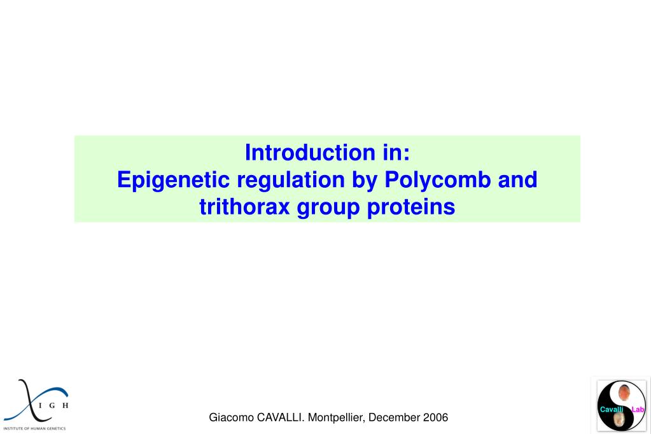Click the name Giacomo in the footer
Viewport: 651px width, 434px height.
coord(232,417)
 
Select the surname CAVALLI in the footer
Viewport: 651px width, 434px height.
coord(281,417)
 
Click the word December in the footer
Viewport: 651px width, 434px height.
coord(394,417)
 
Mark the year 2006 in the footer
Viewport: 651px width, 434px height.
coord(435,417)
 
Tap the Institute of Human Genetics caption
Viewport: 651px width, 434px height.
coord(34,428)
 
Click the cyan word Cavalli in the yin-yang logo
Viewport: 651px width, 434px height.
coord(611,409)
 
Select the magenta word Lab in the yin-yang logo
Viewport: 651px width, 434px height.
coord(638,409)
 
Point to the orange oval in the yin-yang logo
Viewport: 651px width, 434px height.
coord(624,393)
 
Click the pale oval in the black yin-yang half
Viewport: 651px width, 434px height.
coord(619,421)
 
